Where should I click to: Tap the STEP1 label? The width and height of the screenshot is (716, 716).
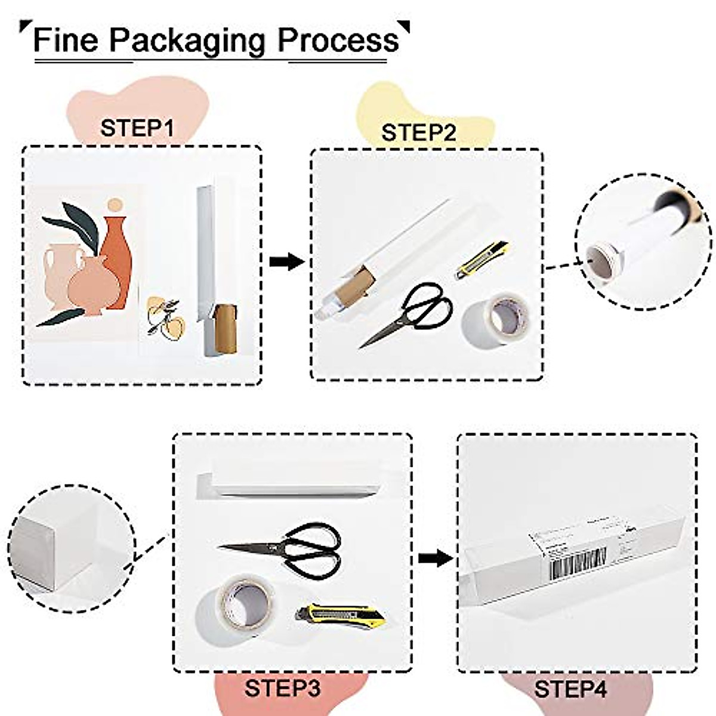click(137, 128)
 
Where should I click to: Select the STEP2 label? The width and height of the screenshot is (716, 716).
click(419, 132)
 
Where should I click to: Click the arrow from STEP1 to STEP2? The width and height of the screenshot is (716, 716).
click(286, 261)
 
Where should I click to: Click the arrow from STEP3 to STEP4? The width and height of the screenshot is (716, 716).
click(434, 558)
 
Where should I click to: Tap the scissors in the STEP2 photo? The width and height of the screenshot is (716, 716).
click(406, 314)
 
